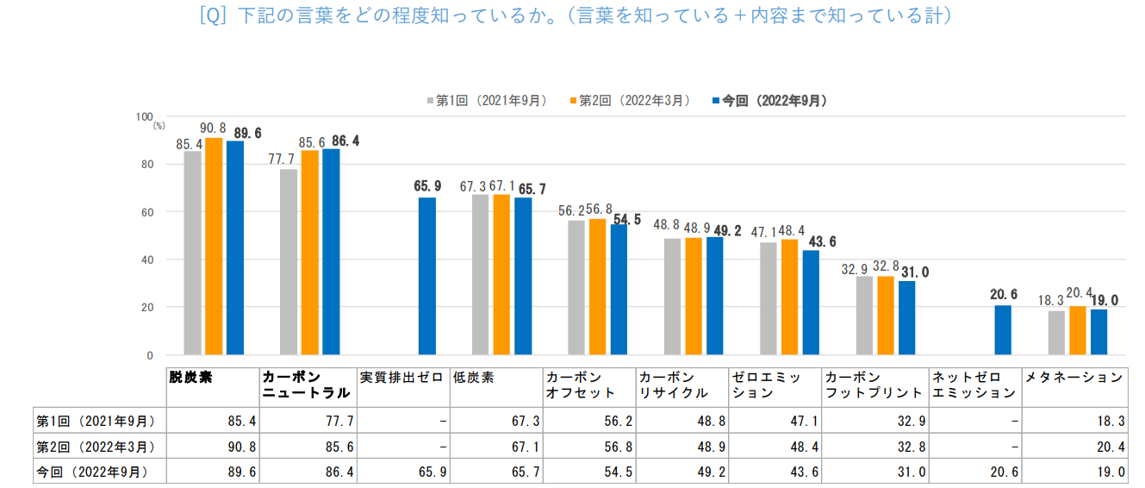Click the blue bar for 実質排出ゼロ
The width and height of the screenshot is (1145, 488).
click(427, 276)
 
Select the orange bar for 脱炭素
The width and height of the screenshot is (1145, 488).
click(214, 246)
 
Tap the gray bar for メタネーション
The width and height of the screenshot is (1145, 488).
click(1056, 333)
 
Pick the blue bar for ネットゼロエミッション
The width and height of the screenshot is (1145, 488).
click(1003, 330)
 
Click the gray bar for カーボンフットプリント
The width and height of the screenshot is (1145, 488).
click(864, 316)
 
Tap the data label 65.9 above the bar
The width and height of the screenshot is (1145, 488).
click(427, 185)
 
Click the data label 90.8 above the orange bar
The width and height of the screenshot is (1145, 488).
click(214, 128)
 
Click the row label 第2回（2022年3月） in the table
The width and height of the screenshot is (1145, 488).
click(96, 447)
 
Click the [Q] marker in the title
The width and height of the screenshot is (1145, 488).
click(213, 16)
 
